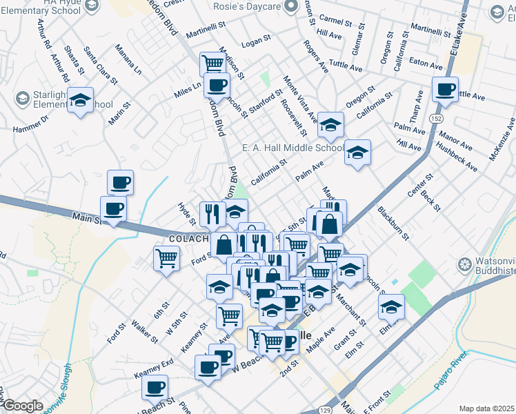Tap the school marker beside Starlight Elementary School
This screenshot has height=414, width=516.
(81, 102)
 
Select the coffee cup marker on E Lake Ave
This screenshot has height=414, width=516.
(445, 90)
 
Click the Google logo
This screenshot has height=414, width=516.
(22, 406)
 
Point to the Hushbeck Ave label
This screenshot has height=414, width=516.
(457, 157)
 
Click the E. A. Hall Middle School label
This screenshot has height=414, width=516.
(292, 148)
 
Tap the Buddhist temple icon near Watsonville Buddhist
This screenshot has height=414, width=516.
(464, 264)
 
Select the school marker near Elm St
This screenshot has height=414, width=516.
(392, 306)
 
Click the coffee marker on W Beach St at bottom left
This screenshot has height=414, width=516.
(155, 388)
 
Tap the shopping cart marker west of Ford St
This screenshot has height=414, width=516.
(167, 259)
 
